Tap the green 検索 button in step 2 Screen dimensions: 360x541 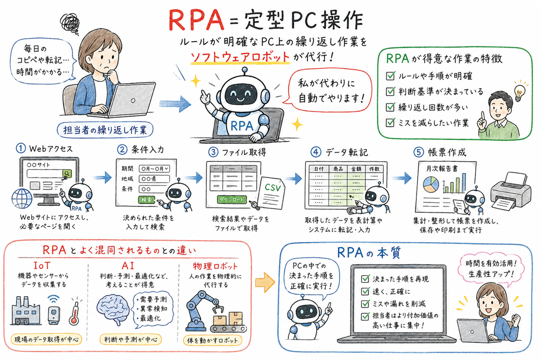[x=147, y=200]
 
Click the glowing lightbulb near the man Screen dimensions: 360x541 [x=520, y=88]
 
